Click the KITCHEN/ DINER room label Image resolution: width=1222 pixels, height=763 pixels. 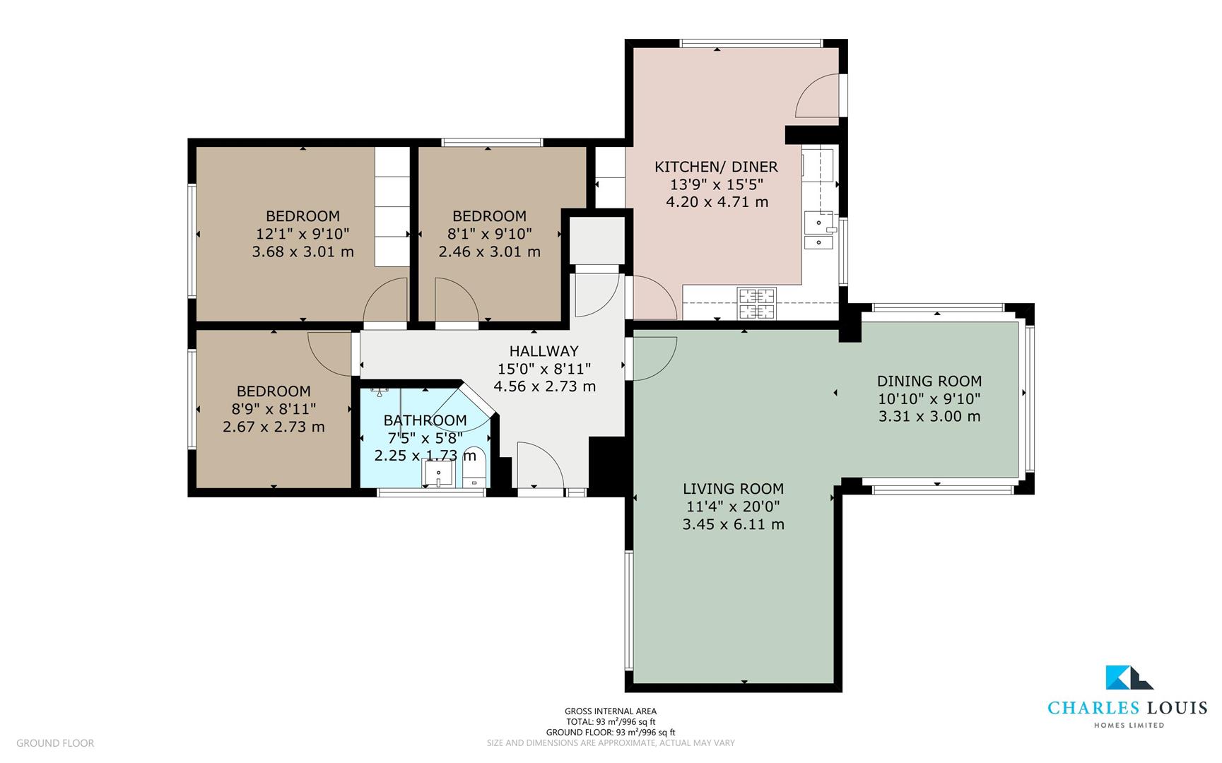pos(716,167)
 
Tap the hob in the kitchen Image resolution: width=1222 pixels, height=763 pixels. pos(756,303)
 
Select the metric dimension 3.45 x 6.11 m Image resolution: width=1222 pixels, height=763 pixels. pos(733,524)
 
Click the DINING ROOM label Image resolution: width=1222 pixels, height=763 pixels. pos(929,381)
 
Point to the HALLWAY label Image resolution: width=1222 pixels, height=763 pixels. pos(544,351)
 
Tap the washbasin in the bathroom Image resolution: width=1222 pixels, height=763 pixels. pos(438,473)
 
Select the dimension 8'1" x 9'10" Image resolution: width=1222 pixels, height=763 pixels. pos(489,234)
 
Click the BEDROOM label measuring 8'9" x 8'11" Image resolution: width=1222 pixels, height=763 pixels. pos(274,391)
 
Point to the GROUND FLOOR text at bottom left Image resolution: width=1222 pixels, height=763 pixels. pos(55,743)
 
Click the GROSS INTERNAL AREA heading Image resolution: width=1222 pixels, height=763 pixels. pos(611,711)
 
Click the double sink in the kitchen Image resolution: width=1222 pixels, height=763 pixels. pos(818,232)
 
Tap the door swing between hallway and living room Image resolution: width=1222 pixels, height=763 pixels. pos(654,358)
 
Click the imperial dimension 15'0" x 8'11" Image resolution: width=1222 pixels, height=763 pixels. pos(544,369)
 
